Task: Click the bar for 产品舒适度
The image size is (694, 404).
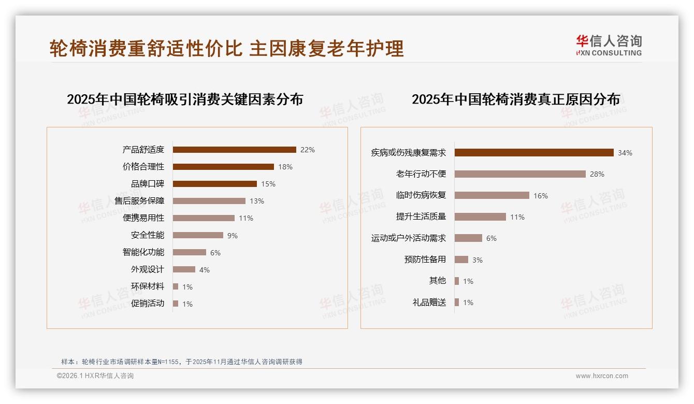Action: tap(234, 150)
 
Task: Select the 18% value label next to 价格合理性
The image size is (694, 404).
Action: tap(285, 167)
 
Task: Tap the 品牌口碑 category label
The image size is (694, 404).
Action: tap(147, 184)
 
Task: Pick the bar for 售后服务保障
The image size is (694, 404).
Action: tap(209, 201)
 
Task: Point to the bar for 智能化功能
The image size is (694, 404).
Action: tap(189, 252)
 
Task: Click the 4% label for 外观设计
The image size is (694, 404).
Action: tap(205, 270)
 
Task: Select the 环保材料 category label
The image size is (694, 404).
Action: tap(147, 286)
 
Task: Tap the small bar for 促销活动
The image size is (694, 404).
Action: tap(176, 304)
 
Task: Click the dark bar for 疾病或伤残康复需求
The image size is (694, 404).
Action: tap(534, 153)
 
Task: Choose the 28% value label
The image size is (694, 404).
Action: tap(597, 174)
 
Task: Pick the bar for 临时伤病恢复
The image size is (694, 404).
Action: tap(491, 195)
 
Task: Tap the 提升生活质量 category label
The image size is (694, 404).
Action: tap(421, 217)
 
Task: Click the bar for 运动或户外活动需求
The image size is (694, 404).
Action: tap(468, 238)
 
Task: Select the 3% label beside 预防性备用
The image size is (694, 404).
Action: tap(478, 260)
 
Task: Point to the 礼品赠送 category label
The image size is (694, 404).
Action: tap(429, 302)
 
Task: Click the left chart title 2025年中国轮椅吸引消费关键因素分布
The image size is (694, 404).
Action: tap(185, 99)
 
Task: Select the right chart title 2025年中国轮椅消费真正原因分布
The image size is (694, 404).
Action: tap(515, 99)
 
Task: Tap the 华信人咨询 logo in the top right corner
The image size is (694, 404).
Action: tap(609, 46)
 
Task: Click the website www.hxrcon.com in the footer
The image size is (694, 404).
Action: tap(602, 376)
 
